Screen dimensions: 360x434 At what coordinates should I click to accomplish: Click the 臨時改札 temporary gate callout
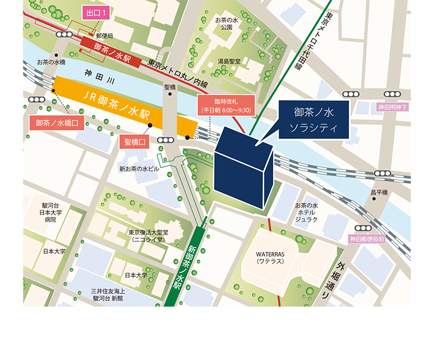click(226, 106)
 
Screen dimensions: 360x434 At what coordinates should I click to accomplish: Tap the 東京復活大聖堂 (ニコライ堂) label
click(149, 237)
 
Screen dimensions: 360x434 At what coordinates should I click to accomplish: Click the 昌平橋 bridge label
click(379, 192)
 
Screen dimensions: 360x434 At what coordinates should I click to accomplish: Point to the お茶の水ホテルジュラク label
click(306, 212)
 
